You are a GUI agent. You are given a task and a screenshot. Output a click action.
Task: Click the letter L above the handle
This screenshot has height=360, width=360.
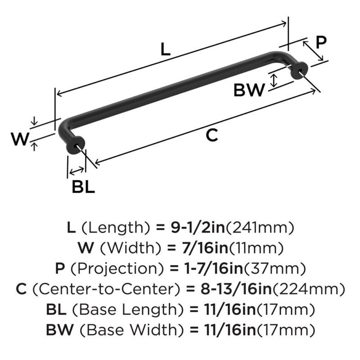(x=165, y=49)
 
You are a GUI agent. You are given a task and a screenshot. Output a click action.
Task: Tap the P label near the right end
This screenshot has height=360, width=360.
(x=321, y=42)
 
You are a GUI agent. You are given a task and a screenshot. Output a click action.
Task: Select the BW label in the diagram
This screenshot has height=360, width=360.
(x=249, y=90)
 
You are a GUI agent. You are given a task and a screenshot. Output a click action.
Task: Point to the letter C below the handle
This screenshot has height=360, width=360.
(x=211, y=135)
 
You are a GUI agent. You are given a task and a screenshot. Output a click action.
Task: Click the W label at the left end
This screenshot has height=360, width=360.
(x=20, y=139)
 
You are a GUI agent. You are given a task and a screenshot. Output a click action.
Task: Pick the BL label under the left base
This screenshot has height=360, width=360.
(x=83, y=187)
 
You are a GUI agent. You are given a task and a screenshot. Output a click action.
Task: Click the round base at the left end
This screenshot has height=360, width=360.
(x=75, y=145)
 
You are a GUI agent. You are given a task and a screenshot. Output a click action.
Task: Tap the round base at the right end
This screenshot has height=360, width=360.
(x=299, y=71)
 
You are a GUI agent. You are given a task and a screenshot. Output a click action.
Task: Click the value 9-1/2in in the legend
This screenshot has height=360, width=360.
(x=198, y=228)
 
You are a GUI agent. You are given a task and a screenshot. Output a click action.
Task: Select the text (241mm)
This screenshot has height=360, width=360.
(x=260, y=228)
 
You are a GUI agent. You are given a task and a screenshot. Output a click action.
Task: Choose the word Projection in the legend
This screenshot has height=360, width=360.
(x=117, y=269)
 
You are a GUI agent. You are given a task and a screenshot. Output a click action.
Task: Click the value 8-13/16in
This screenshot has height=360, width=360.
(x=236, y=289)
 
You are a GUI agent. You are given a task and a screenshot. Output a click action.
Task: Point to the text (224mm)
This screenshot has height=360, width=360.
(x=309, y=289)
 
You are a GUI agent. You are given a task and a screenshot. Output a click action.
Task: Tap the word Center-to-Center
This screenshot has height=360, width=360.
(x=106, y=289)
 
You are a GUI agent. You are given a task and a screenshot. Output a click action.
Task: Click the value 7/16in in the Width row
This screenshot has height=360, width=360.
(x=205, y=248)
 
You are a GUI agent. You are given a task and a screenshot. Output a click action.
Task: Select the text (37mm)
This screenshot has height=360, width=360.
(x=274, y=269)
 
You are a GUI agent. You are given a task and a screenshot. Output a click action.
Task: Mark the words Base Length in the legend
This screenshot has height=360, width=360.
(x=128, y=310)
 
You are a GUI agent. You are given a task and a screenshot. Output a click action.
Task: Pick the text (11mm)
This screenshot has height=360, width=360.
(x=256, y=248)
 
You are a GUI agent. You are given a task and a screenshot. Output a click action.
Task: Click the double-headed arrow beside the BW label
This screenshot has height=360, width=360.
(x=274, y=80)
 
